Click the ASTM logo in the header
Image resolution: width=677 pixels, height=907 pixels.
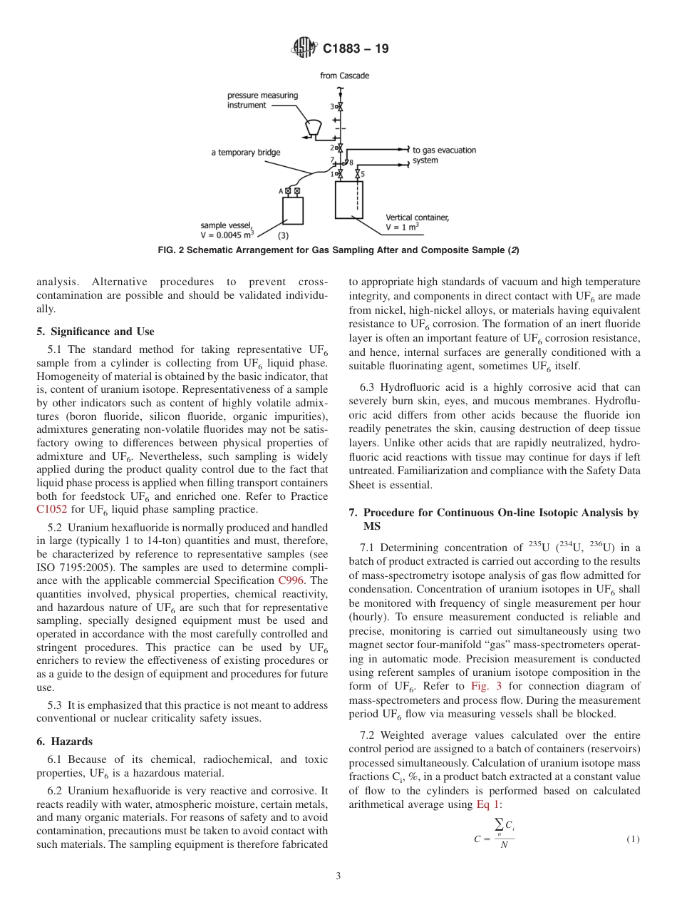(x=304, y=48)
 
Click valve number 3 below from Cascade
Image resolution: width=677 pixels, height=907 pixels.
(x=339, y=106)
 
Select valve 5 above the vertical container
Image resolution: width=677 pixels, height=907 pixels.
(x=357, y=173)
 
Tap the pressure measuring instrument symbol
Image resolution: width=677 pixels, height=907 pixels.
(x=312, y=126)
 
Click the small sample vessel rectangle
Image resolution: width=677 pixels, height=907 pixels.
(x=292, y=211)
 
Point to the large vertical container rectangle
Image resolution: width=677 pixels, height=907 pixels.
(x=348, y=199)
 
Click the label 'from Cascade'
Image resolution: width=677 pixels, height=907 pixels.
(x=345, y=76)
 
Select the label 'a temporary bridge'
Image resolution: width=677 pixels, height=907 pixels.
(x=246, y=153)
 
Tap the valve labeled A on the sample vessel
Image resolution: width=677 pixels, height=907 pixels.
(x=287, y=190)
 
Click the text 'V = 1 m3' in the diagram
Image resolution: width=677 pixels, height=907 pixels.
(x=402, y=226)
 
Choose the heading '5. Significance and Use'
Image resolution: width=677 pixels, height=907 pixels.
(x=95, y=332)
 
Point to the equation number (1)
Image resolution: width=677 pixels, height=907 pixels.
(x=633, y=839)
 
